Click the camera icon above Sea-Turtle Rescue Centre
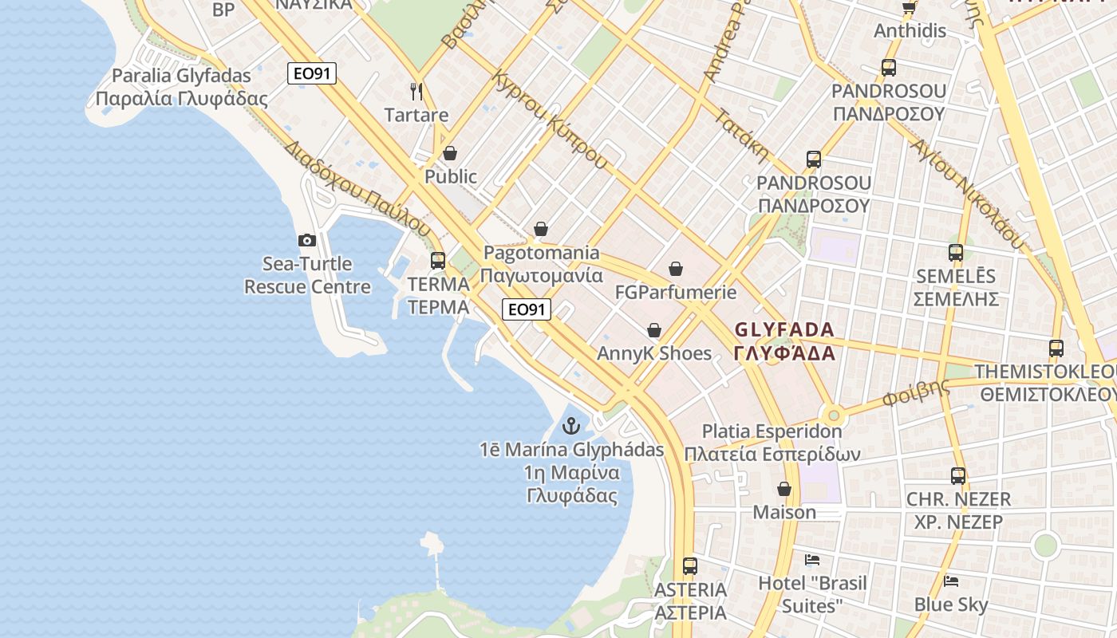(x=307, y=240)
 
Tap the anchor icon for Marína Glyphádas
(x=570, y=426)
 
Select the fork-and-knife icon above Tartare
(x=416, y=91)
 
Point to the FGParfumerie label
(x=676, y=292)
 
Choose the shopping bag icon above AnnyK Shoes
(x=654, y=330)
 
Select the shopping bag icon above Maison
(x=784, y=489)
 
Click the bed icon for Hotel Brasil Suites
(x=812, y=559)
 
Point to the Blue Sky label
(x=951, y=605)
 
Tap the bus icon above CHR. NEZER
(x=958, y=476)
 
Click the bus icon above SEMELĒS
(x=956, y=253)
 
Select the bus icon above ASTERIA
(x=690, y=566)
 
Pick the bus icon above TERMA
(x=438, y=260)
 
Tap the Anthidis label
(x=910, y=30)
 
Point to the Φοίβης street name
(x=916, y=393)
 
